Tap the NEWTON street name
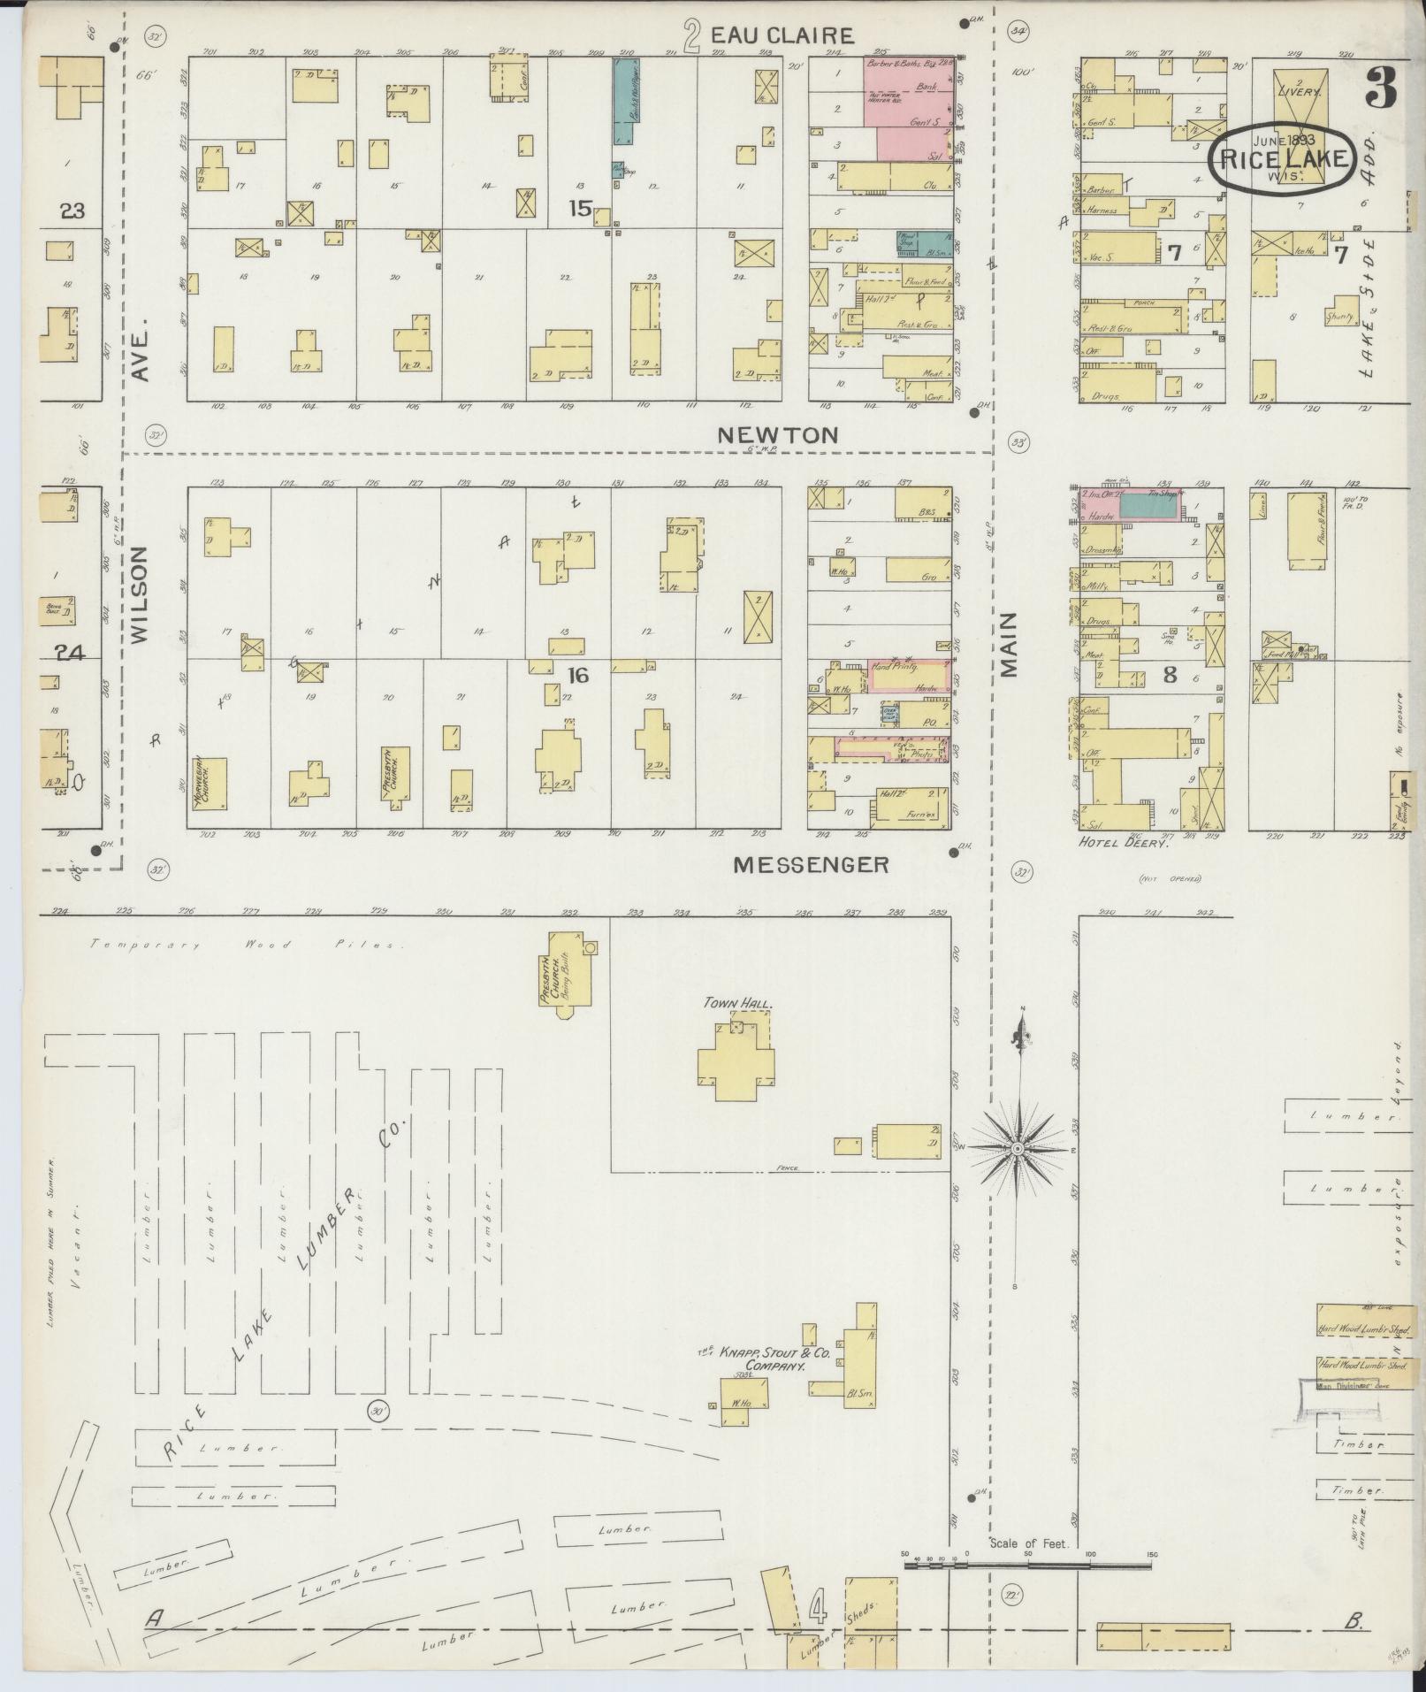[x=777, y=434]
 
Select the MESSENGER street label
[x=811, y=864]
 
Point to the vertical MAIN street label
[x=1010, y=645]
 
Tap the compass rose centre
[x=1018, y=1147]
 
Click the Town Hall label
[x=738, y=1004]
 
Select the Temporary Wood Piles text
[x=246, y=945]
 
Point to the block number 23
[x=72, y=211]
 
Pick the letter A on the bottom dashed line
[x=155, y=1618]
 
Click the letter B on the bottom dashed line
[x=1354, y=1622]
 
